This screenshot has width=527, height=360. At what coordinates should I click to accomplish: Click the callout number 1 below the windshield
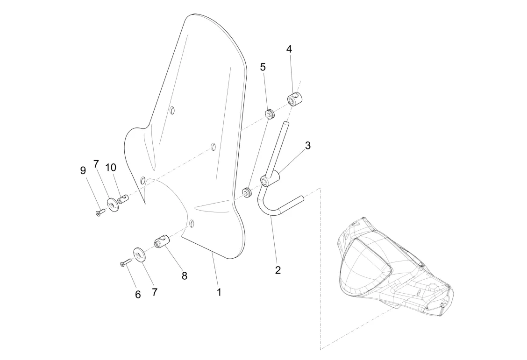pos(219,292)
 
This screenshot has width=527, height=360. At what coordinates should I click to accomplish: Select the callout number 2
pos(278,270)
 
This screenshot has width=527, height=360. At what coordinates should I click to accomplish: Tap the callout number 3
pos(308,145)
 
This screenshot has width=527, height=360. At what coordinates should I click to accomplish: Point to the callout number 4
pos(289,49)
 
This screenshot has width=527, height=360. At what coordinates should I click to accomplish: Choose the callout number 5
pos(263,67)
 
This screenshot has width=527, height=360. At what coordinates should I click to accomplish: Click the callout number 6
pos(138,295)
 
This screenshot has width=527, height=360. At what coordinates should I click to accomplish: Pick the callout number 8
pos(185,275)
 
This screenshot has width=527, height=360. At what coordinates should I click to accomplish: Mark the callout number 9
pos(83,170)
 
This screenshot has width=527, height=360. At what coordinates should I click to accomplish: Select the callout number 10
pos(111,167)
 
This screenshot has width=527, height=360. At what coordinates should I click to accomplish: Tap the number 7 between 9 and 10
pos(96,164)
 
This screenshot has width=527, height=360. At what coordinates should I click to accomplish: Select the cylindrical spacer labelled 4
pos(295,99)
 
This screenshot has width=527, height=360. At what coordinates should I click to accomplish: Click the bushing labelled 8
pos(161,243)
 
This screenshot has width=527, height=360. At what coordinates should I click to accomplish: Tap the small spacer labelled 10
pos(123,199)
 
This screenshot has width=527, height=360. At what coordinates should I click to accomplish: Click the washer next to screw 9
pos(112,205)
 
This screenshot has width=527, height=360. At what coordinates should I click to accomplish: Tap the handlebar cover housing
pos(392,266)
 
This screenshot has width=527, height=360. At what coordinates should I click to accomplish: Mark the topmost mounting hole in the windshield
pos(172,111)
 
